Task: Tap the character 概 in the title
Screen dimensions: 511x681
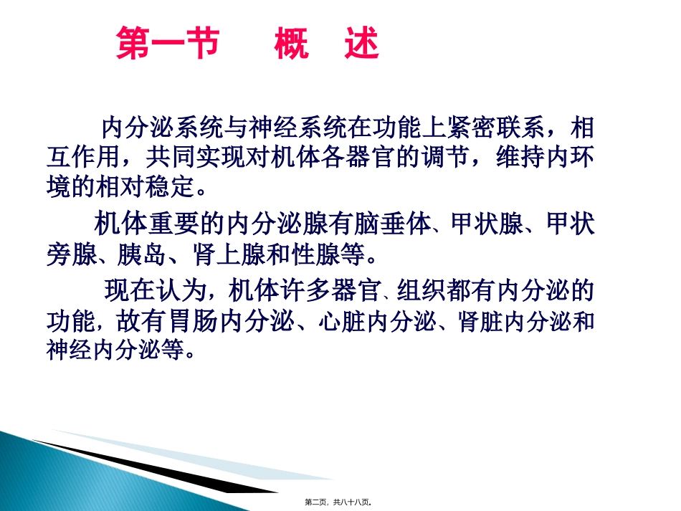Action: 291,44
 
